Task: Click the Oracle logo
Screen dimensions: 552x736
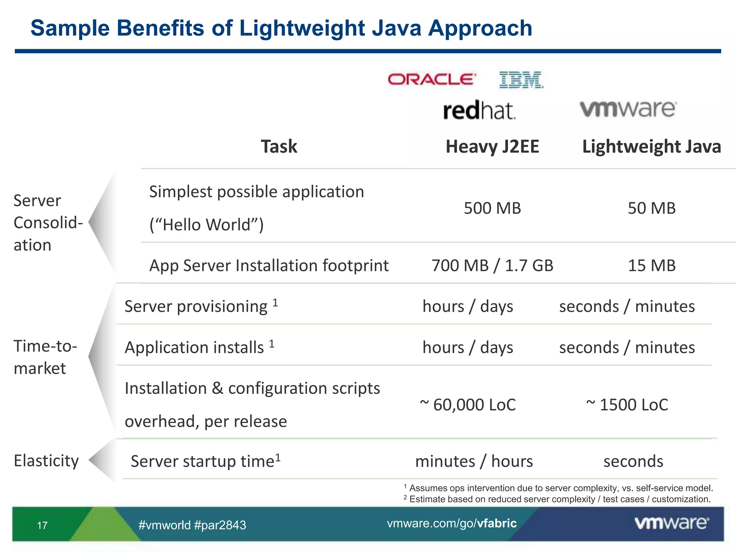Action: tap(432, 79)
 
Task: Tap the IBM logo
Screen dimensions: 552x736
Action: tap(521, 80)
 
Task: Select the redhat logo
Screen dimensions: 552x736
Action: tap(479, 110)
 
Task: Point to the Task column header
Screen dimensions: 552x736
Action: tap(279, 147)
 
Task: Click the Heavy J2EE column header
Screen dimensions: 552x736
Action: tap(492, 147)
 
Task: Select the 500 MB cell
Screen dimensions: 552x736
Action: tap(492, 208)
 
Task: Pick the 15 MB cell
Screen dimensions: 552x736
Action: tap(652, 266)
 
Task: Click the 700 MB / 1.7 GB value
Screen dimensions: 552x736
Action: tap(492, 266)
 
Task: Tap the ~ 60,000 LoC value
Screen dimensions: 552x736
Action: tap(468, 405)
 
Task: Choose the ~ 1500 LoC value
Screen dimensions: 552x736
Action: tap(627, 405)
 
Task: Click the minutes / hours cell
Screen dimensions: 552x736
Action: tap(474, 461)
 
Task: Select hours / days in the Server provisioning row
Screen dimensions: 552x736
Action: tap(468, 307)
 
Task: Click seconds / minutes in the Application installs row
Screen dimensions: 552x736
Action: tap(627, 348)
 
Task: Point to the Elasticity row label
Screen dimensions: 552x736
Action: tap(46, 461)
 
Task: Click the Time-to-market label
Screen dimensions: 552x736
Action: tap(45, 357)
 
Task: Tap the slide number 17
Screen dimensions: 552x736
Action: tap(42, 525)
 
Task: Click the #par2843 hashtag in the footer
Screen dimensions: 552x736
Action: tap(220, 525)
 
